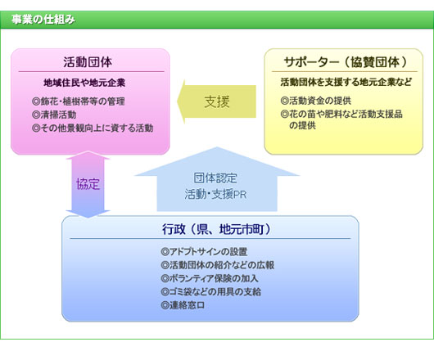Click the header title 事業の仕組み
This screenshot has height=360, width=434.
coord(43,20)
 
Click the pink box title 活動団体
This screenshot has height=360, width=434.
coord(88,62)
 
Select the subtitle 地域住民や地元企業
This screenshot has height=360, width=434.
coord(84,83)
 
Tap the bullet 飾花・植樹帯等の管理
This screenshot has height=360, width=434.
coord(79,101)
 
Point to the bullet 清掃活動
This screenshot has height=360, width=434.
coord(54,115)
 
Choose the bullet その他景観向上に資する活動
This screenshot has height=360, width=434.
coord(93,128)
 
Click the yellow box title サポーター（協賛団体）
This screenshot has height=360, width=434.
coord(346,62)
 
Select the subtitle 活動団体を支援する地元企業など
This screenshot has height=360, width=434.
coord(346,82)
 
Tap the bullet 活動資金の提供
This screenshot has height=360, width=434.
coord(316,101)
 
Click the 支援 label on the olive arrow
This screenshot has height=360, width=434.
coord(217,101)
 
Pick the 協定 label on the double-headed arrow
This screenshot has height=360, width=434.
coord(88,183)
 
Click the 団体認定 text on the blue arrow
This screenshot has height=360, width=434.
coord(215,178)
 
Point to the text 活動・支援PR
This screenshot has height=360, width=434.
coord(215,194)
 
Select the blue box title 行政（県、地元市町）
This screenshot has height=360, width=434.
coord(216,229)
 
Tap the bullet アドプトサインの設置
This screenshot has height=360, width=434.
coord(204,252)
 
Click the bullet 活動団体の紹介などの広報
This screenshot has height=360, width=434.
coord(218,265)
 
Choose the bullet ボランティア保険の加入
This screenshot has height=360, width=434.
coord(210,278)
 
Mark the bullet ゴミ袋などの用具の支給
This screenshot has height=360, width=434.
coord(211,292)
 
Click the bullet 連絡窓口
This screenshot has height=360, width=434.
coord(183,305)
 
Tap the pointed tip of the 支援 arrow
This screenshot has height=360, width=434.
coord(178,101)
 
